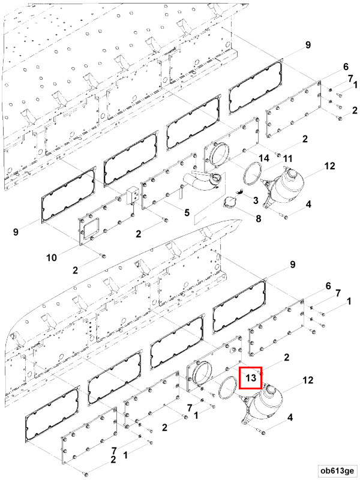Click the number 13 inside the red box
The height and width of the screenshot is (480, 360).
coord(251,378)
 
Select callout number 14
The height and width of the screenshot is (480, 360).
coord(264,158)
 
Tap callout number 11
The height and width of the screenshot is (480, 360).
coord(288,158)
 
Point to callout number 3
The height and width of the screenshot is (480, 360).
coord(255,200)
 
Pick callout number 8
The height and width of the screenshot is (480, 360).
coord(258,219)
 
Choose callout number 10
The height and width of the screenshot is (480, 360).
coord(52,257)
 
